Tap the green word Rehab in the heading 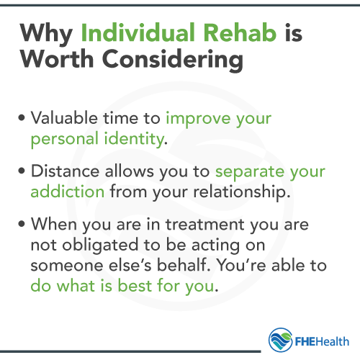tap(240, 34)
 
